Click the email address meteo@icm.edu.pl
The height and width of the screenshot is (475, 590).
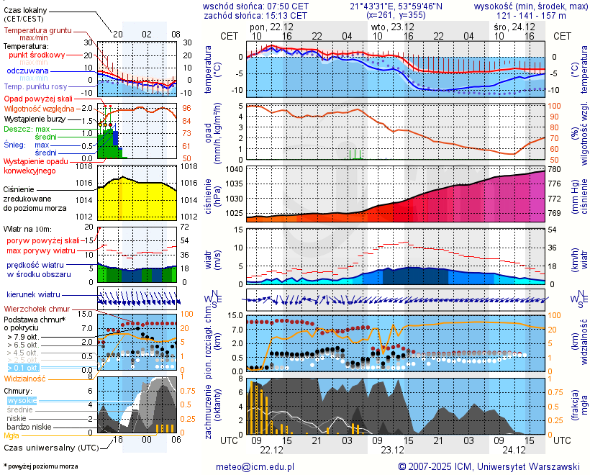255,466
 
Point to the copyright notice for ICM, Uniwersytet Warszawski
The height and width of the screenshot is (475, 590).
489,466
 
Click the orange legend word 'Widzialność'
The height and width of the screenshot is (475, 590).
25,378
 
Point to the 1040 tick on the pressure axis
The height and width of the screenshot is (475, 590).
232,169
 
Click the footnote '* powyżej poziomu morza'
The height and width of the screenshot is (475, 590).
40,466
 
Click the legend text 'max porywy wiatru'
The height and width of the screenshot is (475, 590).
41,250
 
